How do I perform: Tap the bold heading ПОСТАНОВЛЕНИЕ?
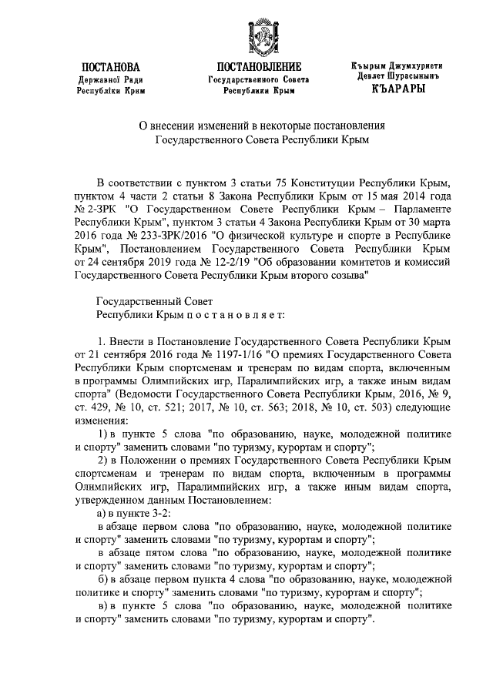(259, 67)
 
